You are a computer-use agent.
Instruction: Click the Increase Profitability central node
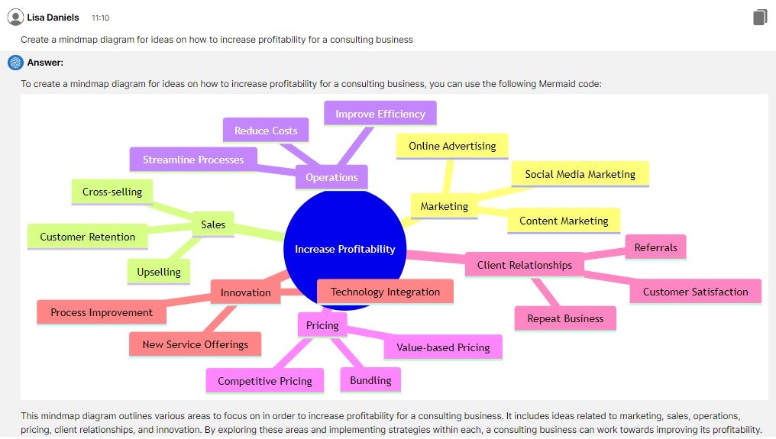(345, 249)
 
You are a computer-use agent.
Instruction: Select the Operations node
(331, 177)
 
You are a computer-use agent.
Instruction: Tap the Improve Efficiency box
(380, 114)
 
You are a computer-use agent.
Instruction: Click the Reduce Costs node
(266, 131)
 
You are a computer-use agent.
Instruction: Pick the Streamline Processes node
(193, 160)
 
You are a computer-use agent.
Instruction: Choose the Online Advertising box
(452, 146)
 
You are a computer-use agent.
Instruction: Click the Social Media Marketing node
(580, 174)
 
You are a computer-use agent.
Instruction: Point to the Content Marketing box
(564, 221)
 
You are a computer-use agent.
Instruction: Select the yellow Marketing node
(444, 206)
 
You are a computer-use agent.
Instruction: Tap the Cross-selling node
(112, 192)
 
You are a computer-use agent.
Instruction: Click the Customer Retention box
(87, 237)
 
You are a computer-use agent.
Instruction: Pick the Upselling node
(159, 272)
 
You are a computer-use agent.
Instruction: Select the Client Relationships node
(525, 265)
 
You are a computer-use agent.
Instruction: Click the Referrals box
(655, 247)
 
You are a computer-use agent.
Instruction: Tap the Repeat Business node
(565, 318)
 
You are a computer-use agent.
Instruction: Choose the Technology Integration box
(385, 292)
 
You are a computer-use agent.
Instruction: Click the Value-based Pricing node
(443, 347)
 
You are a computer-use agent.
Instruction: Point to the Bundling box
(370, 380)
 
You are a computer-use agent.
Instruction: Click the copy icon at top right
(759, 17)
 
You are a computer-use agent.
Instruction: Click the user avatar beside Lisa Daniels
(15, 17)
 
